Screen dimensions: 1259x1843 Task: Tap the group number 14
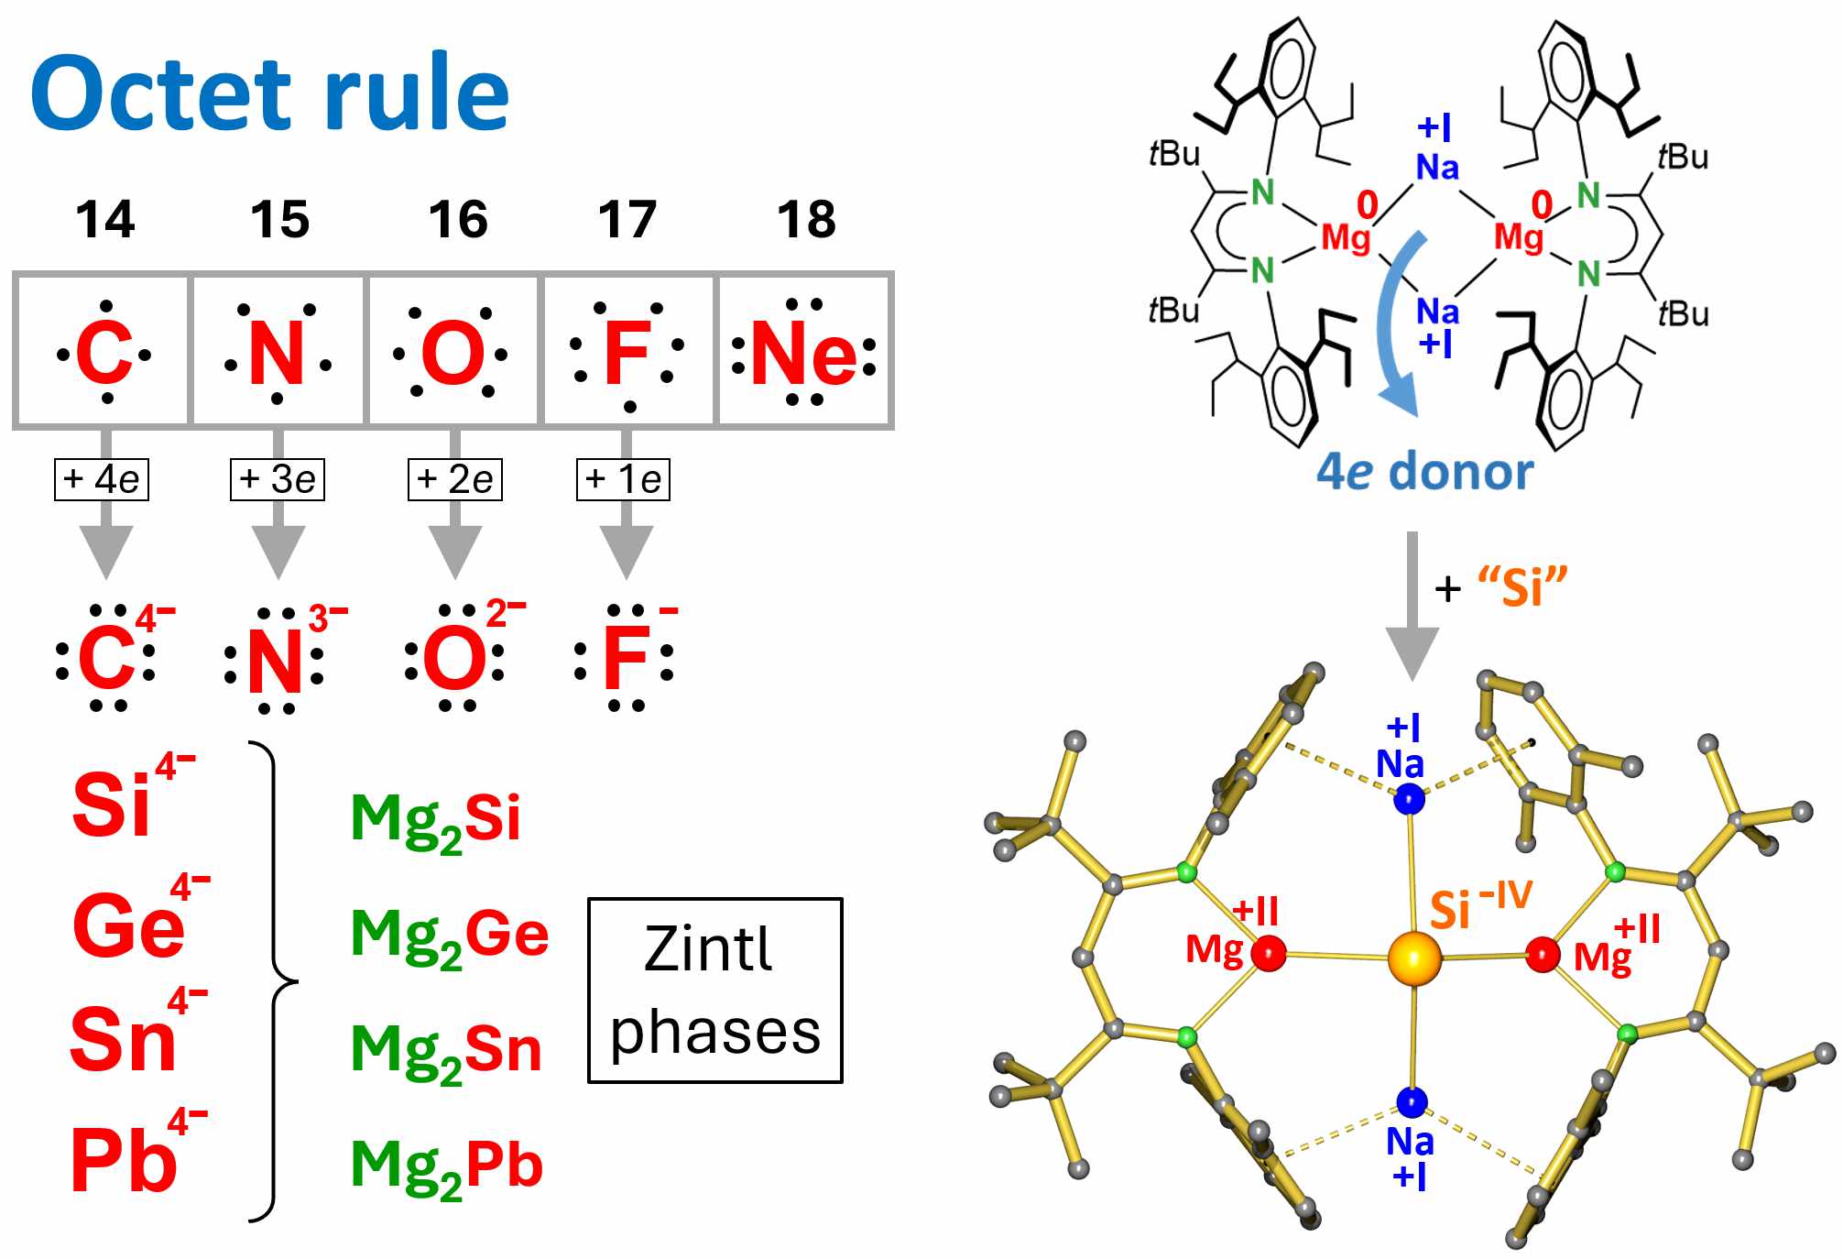[104, 220]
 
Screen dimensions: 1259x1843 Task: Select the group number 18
[806, 220]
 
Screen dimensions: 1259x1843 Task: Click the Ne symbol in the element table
[803, 353]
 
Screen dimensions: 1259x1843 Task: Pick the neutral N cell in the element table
[277, 353]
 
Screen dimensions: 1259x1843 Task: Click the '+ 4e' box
[101, 479]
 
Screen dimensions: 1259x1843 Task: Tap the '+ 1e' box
[623, 479]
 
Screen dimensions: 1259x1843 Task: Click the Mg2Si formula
[435, 818]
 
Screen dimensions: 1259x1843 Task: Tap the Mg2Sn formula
[446, 1050]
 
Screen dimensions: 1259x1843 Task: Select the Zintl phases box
[714, 990]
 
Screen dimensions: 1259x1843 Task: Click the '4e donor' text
[1424, 472]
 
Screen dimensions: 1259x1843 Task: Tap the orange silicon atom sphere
[1413, 958]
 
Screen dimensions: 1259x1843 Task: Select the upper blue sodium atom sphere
[1409, 799]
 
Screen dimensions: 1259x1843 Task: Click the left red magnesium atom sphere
[1268, 954]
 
